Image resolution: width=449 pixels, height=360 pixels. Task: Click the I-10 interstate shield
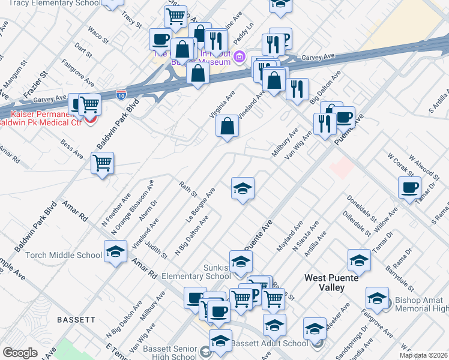(121, 94)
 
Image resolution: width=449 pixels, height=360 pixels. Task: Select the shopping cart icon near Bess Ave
(103, 163)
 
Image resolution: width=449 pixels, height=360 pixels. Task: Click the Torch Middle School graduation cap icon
(115, 252)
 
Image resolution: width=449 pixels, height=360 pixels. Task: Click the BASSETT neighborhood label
(76, 320)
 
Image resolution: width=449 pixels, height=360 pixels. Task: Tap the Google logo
(20, 353)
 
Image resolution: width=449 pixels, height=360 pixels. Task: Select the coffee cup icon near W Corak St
(410, 188)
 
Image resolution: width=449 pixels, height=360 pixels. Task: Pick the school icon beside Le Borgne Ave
(243, 189)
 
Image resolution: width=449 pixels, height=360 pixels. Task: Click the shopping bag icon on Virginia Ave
(228, 127)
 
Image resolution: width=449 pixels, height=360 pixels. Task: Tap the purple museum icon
(240, 58)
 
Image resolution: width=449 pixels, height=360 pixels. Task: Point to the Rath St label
(188, 188)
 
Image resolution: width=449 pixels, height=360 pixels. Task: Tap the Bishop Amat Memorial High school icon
(378, 298)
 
